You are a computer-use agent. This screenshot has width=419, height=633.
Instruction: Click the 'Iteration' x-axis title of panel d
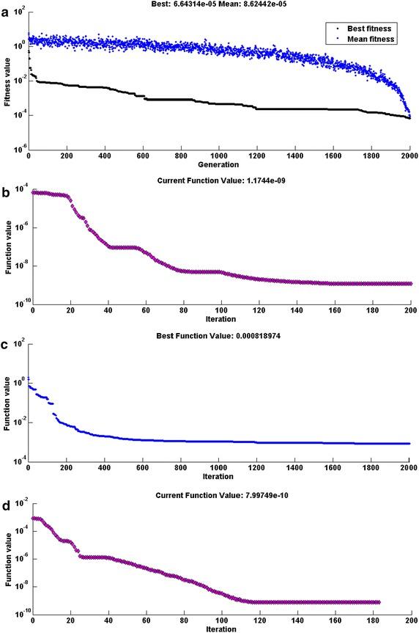[x=220, y=629]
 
